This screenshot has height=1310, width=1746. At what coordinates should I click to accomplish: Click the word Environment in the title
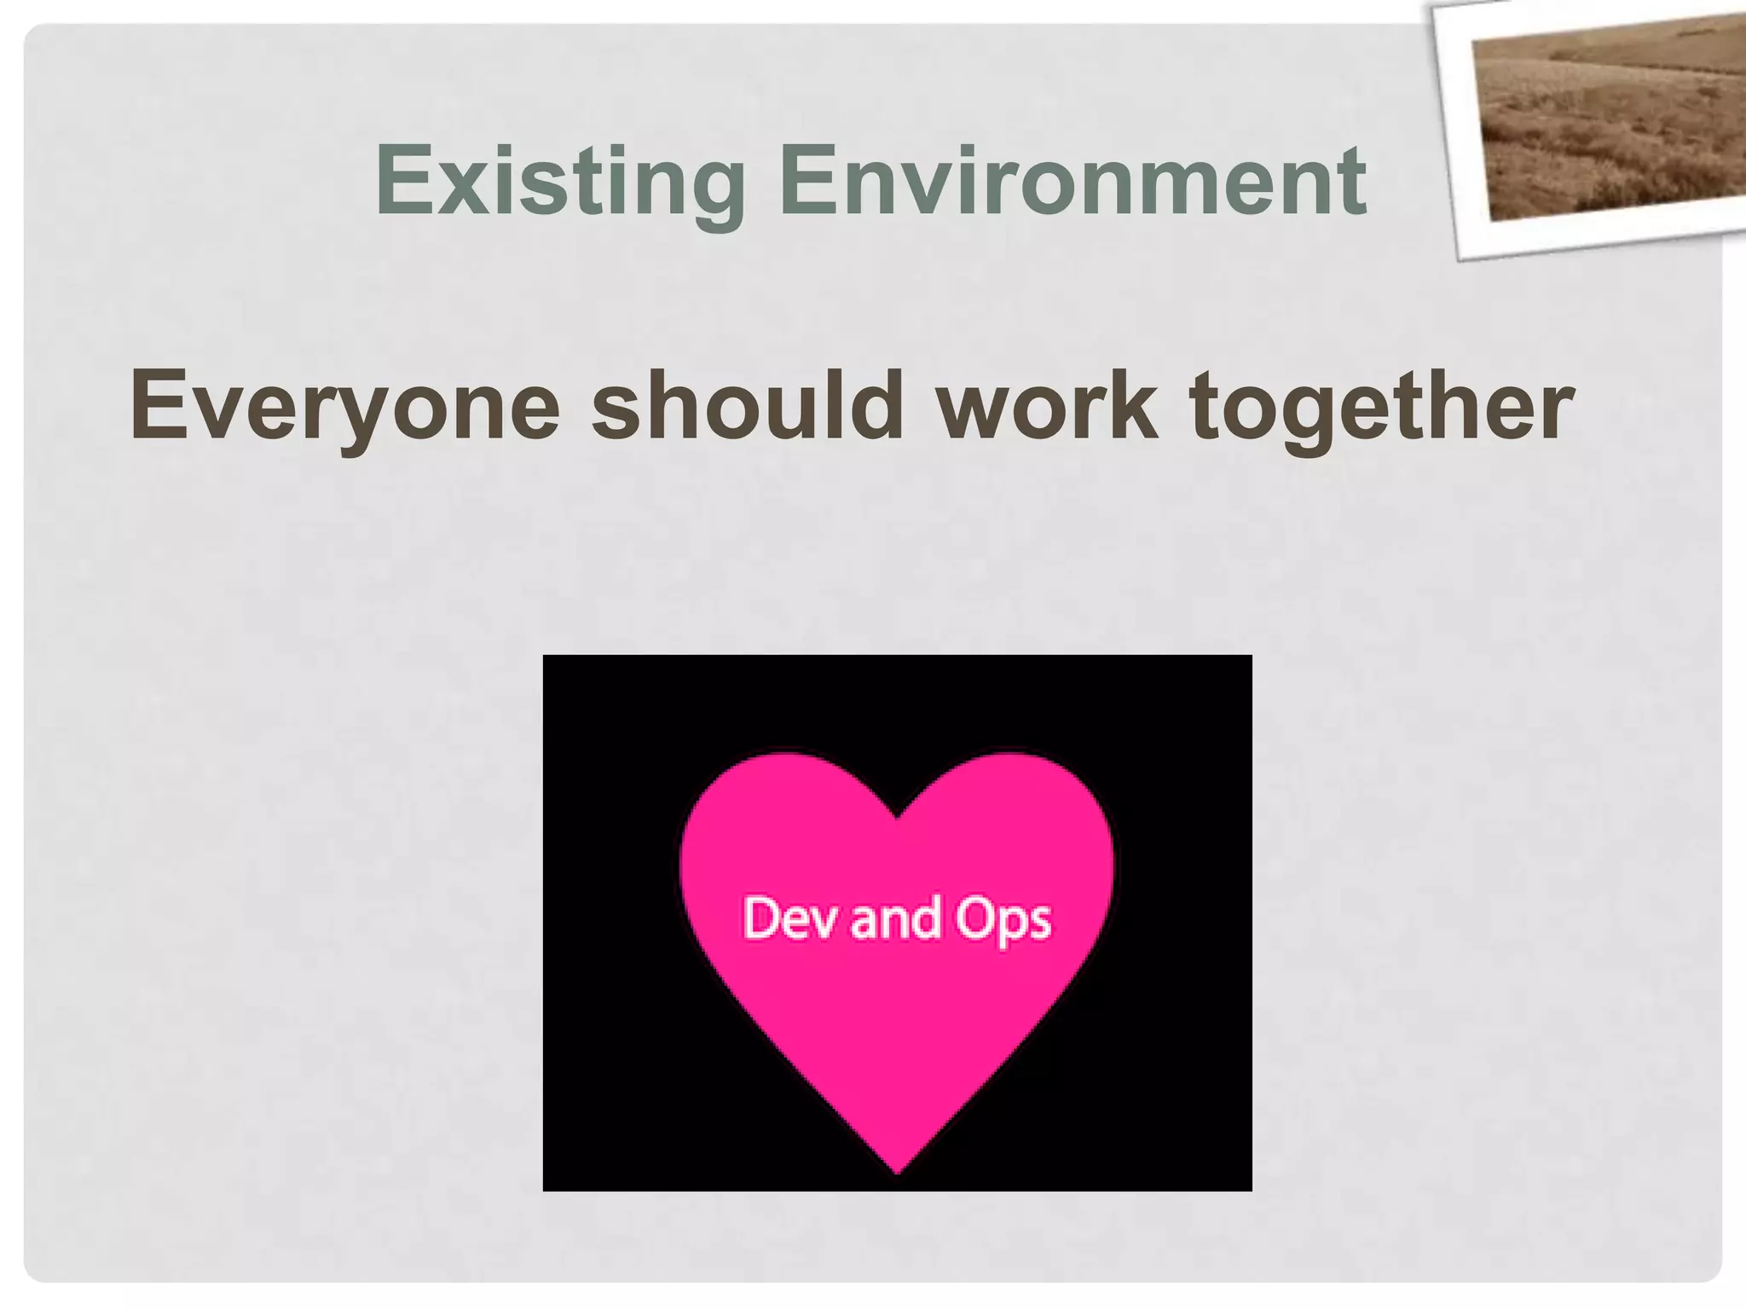pos(1072,182)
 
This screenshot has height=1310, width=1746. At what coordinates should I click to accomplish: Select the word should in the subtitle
pos(748,406)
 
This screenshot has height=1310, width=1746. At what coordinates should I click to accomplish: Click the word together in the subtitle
pos(1382,406)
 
